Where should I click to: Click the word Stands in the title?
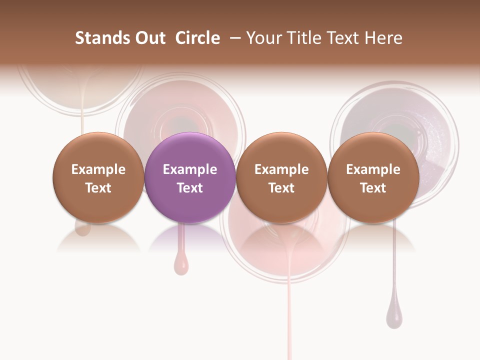click(95, 38)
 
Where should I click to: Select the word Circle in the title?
click(197, 38)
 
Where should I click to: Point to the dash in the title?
click(233, 38)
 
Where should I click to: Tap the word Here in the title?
click(382, 38)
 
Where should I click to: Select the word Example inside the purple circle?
click(190, 169)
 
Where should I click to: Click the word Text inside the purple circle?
click(190, 188)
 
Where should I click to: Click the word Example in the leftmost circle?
click(98, 169)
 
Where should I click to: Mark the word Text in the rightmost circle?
click(373, 188)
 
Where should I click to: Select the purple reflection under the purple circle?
click(190, 239)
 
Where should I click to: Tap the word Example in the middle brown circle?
click(281, 169)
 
